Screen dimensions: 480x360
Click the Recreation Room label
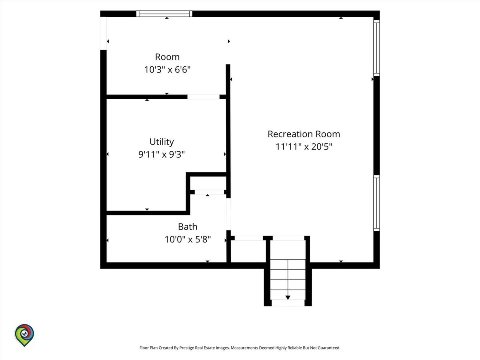point(304,134)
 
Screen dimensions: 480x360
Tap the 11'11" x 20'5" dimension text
point(304,147)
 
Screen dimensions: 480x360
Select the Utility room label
point(162,142)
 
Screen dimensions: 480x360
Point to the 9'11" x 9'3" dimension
point(162,154)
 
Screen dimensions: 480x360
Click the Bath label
point(188,227)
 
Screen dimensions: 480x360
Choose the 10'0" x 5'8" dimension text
point(188,239)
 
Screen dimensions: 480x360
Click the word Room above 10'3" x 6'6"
point(167,57)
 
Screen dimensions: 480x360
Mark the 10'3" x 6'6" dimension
point(167,70)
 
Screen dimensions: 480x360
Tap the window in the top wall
point(164,14)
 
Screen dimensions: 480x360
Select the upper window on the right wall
point(376,48)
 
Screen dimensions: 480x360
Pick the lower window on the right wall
point(376,203)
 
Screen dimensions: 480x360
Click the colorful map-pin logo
point(24,335)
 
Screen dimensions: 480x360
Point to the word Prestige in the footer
point(186,348)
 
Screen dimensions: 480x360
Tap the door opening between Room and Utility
point(203,97)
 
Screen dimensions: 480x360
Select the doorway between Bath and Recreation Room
point(228,214)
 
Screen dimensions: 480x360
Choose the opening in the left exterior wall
point(104,34)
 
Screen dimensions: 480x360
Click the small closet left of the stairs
point(248,251)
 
